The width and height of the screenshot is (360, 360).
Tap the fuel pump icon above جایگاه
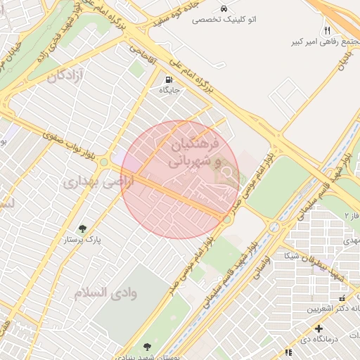click(169, 79)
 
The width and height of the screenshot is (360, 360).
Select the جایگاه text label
click(169, 90)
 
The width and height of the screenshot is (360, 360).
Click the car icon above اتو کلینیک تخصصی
click(224, 9)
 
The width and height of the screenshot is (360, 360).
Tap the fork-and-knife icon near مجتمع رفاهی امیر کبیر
click(327, 31)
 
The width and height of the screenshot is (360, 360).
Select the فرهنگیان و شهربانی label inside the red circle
click(194, 153)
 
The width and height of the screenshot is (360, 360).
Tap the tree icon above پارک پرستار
click(83, 229)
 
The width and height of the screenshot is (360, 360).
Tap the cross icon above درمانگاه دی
click(319, 328)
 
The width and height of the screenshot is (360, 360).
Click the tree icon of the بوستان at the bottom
click(147, 347)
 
